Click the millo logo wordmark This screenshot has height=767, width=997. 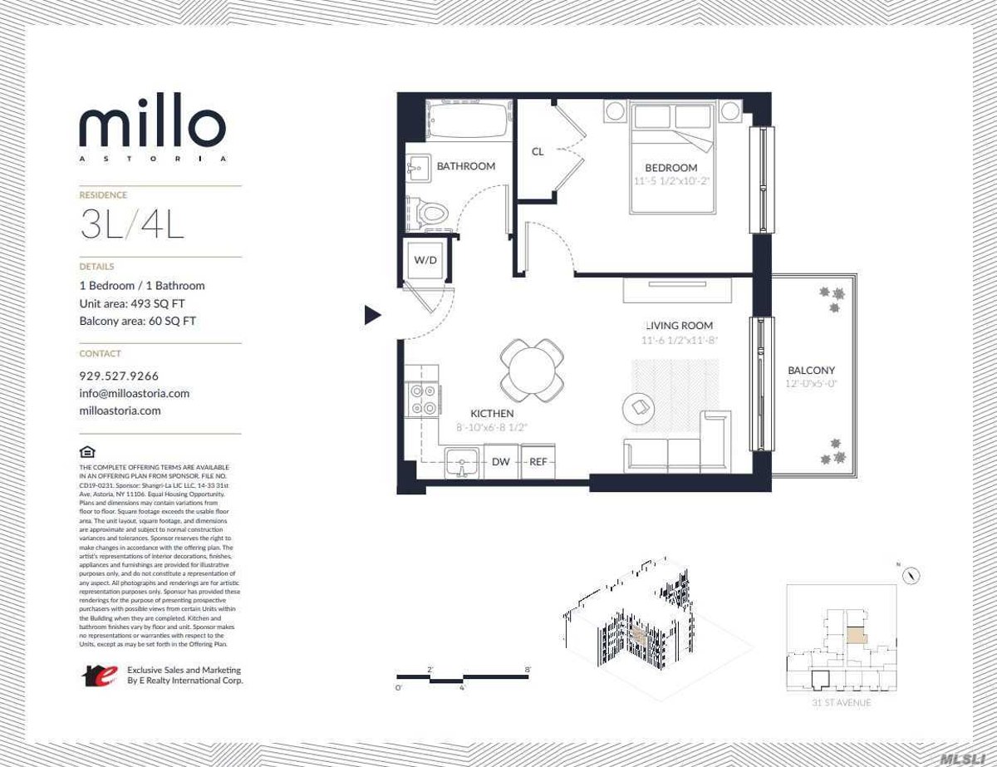(x=152, y=127)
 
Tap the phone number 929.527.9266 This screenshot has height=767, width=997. (x=119, y=376)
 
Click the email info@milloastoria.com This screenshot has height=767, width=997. (x=135, y=393)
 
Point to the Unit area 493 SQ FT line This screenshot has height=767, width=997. (x=132, y=303)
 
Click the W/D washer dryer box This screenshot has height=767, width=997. (x=425, y=260)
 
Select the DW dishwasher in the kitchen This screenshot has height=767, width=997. (x=501, y=462)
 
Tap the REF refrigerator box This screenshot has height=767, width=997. (x=538, y=462)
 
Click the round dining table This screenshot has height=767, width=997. (x=532, y=371)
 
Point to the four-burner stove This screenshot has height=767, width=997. (x=424, y=400)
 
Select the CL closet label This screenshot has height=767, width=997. (x=538, y=151)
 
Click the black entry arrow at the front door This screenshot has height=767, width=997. (x=373, y=315)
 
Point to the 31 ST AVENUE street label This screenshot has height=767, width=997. (x=842, y=703)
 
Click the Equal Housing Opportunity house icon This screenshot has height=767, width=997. (x=87, y=452)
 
